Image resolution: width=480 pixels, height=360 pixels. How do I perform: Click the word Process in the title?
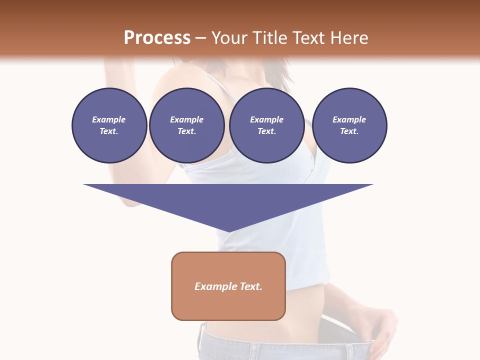157,38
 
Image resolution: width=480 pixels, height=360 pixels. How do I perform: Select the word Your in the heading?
227,38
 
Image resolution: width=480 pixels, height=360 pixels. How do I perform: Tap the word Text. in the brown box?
249,286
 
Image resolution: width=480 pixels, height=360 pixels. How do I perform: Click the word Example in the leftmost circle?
109,120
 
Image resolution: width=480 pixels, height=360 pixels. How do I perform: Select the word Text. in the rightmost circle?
349,131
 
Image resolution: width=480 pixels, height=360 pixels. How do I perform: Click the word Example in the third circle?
266,120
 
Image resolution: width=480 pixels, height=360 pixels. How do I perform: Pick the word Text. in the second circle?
186,131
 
